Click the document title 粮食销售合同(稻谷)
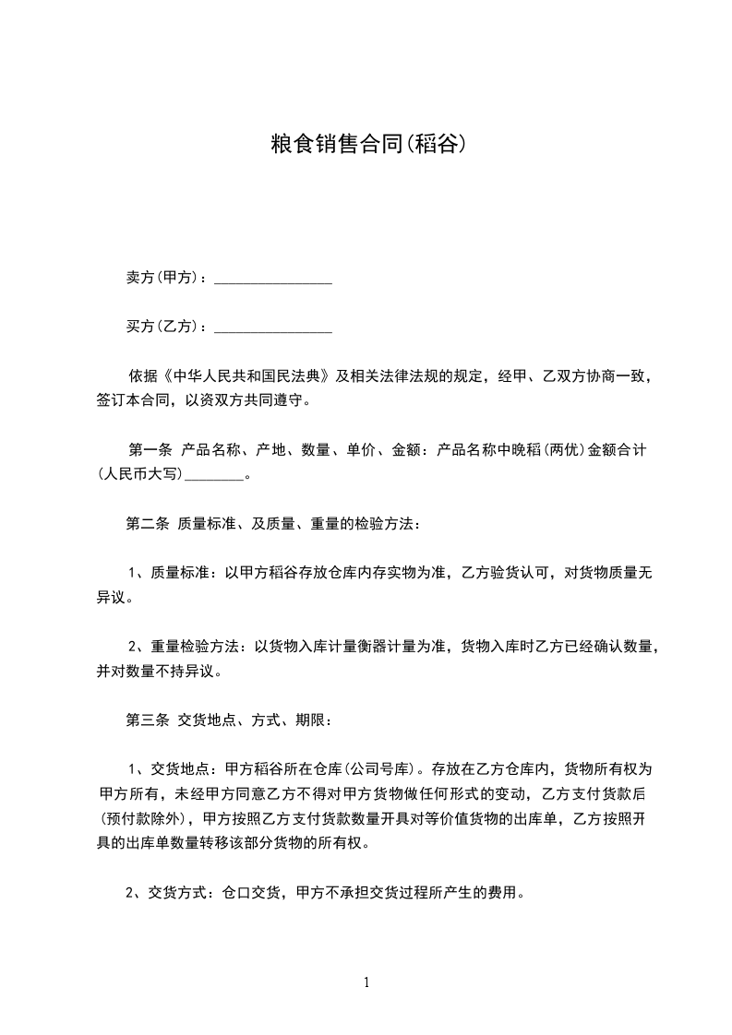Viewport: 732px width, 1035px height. pyautogui.click(x=366, y=145)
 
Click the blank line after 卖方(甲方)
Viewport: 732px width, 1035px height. pyautogui.click(x=273, y=278)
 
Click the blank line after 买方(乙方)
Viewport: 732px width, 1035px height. pyautogui.click(x=273, y=327)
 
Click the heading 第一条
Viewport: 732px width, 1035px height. pyautogui.click(x=150, y=451)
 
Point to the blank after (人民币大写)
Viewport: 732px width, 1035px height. pyautogui.click(x=215, y=476)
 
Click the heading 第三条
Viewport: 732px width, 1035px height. pyautogui.click(x=147, y=720)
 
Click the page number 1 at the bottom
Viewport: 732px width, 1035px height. pyautogui.click(x=366, y=982)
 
